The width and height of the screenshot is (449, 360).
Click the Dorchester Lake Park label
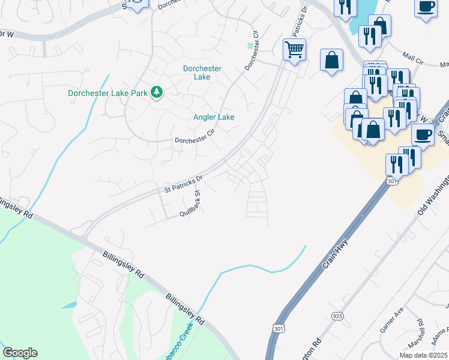pos(107,93)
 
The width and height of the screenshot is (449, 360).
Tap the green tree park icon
pos(157,92)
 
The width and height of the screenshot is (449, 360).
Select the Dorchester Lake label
pos(202,73)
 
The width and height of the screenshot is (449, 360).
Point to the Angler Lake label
pos(214,117)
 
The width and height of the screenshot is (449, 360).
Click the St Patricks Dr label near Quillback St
pos(184,183)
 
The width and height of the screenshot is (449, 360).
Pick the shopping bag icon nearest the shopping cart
pos(331,59)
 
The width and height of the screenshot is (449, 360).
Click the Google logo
pos(20,353)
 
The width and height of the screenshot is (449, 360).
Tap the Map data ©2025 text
pos(423,355)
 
